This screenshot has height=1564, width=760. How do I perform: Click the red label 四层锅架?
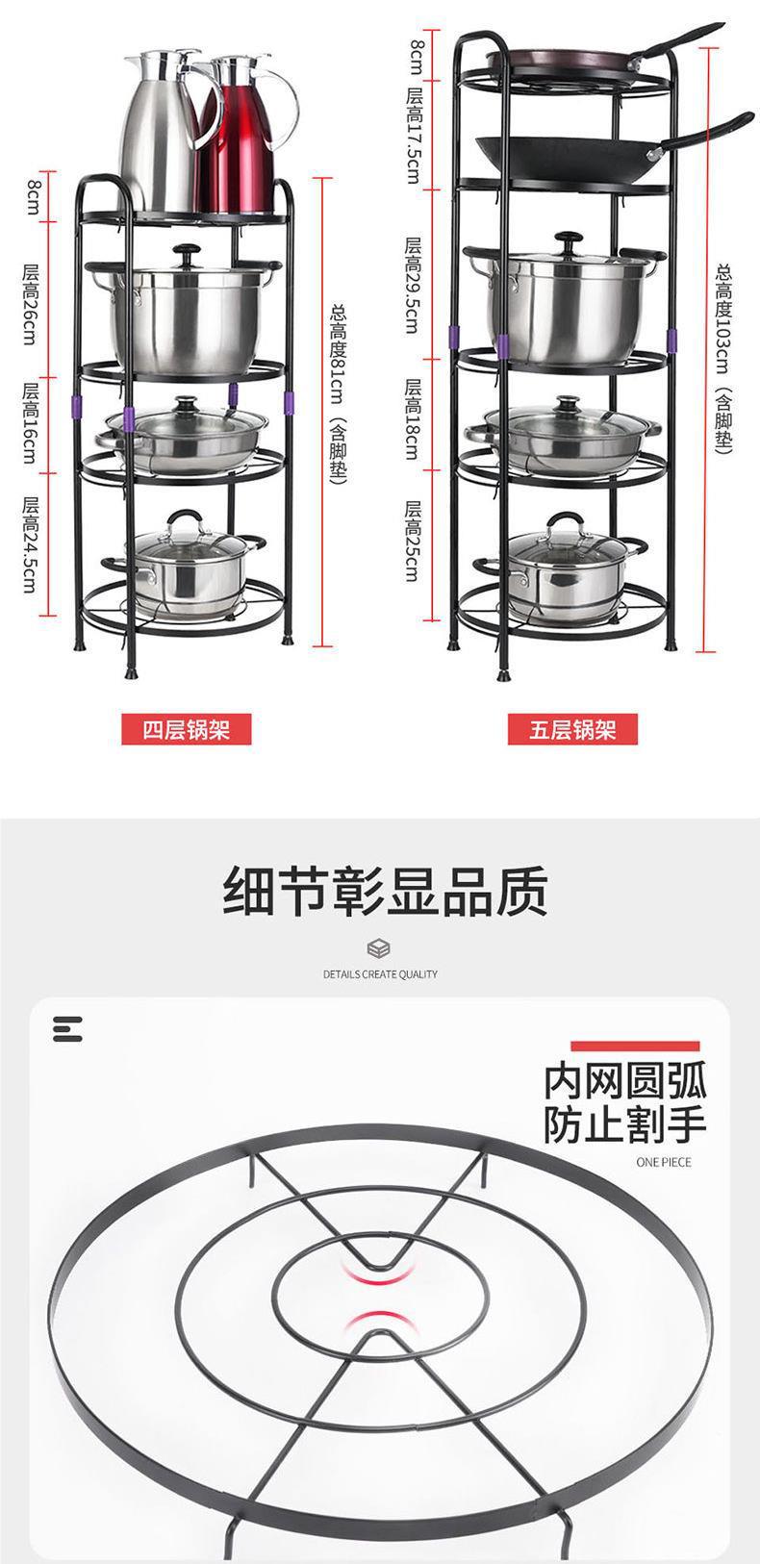click(187, 728)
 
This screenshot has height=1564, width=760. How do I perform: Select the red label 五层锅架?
click(573, 728)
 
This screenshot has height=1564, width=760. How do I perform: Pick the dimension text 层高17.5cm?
click(415, 135)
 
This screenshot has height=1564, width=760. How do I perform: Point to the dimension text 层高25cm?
click(415, 541)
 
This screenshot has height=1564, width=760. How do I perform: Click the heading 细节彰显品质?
click(385, 891)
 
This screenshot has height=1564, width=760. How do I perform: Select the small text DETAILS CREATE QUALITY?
click(380, 974)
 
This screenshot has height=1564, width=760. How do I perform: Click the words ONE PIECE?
click(664, 1162)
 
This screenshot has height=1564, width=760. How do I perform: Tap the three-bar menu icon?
click(67, 1028)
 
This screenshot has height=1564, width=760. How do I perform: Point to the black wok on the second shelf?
click(568, 154)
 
